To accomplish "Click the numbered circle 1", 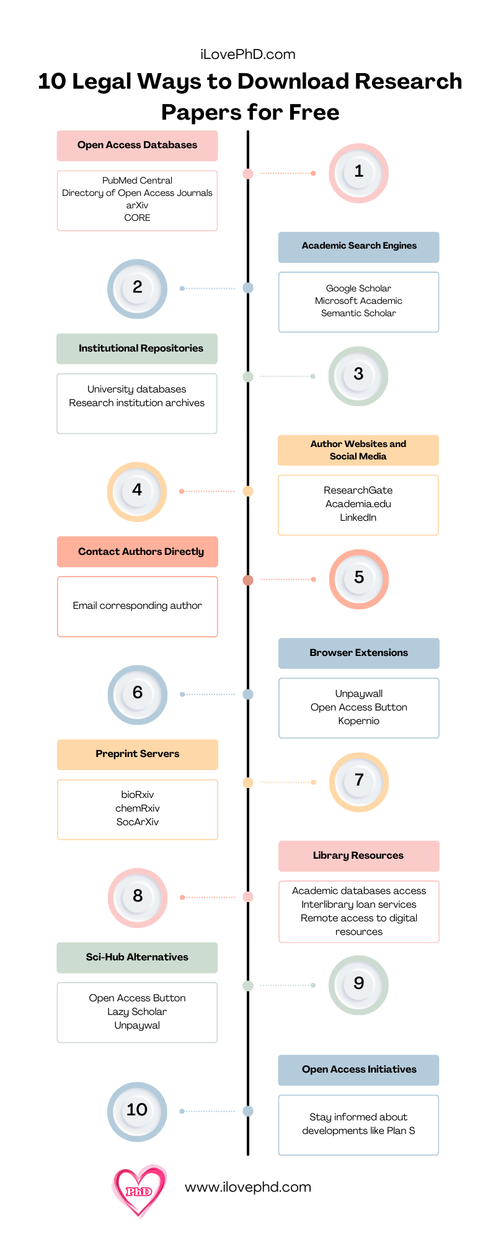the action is coord(358,173).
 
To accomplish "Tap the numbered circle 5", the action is coord(358,579).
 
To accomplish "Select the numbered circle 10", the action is coord(137,1112).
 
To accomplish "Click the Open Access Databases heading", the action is coord(137,145).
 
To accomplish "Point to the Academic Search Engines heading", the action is coord(359,246).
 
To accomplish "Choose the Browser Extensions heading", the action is coord(359,652).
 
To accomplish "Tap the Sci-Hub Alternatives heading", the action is coord(137,957).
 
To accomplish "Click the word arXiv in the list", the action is coord(137,205).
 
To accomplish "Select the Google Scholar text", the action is coord(358,288).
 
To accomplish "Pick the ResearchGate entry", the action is coord(358,490).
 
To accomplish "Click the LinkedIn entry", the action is coord(358,518).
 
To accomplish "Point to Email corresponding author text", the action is coord(137,606).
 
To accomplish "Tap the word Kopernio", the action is coord(359,721).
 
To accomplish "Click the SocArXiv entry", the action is coord(138,822).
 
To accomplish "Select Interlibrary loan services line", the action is coord(359,905).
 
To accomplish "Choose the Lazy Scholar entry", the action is coord(137,1012).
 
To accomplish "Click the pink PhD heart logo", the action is coord(139,1191).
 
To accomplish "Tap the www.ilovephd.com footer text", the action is coord(248,1187).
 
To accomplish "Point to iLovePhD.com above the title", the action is coord(248,55).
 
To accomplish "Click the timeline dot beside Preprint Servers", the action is coord(248,782).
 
